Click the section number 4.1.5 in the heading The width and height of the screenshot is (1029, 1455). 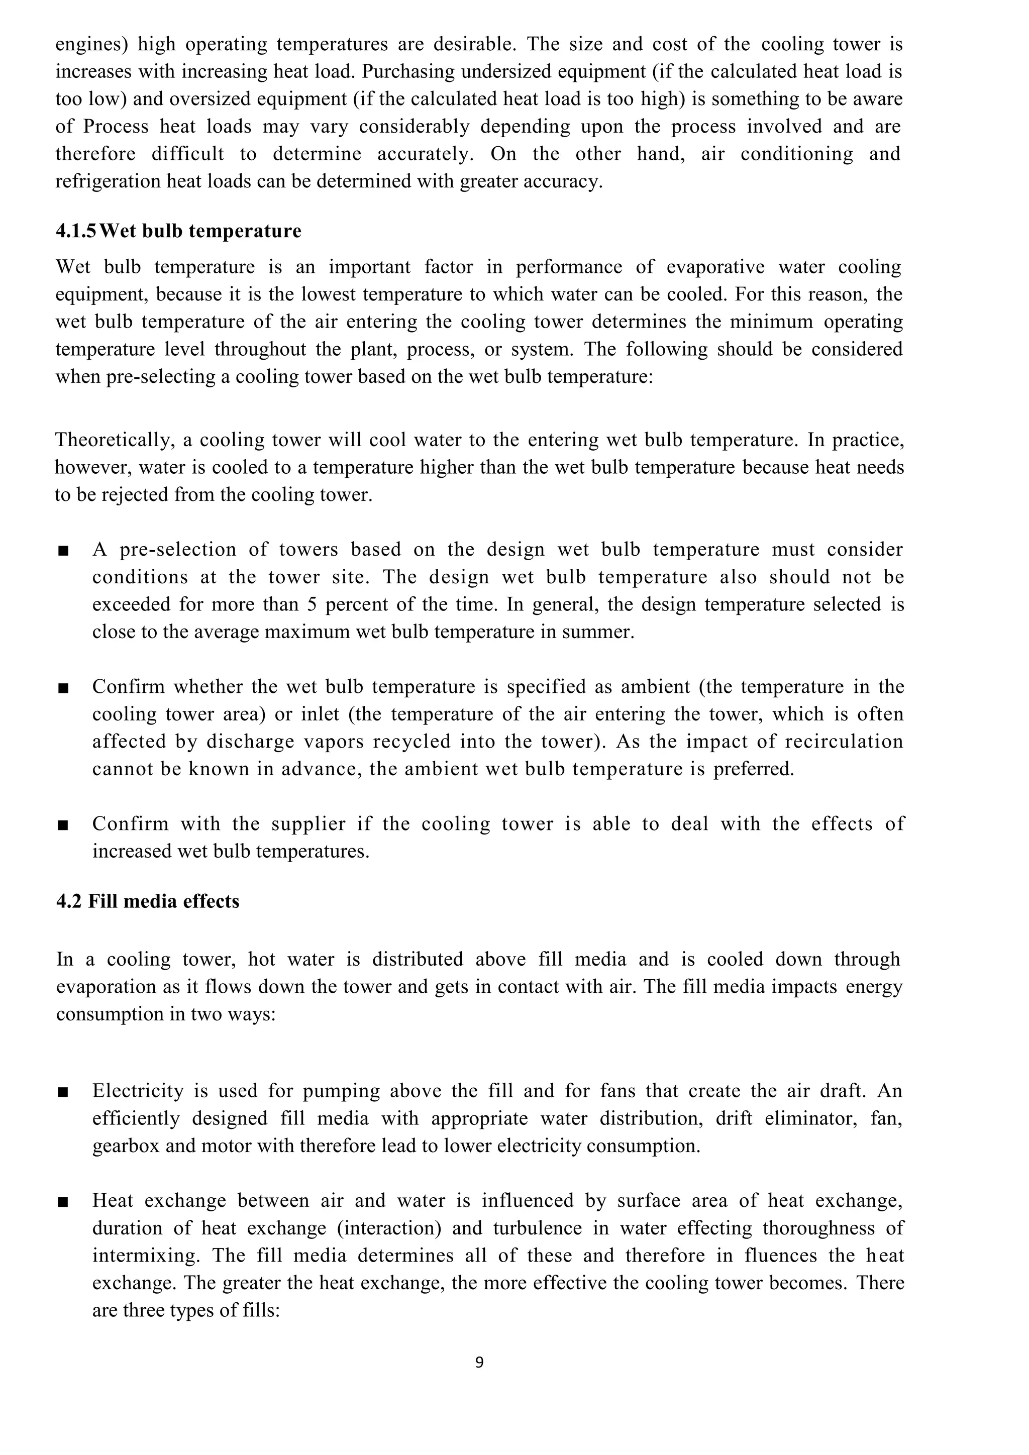(x=76, y=231)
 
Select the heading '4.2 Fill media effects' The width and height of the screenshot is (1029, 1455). (x=148, y=901)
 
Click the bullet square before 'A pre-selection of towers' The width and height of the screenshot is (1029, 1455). (x=63, y=551)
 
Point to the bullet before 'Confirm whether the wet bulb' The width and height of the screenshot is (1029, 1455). (x=63, y=688)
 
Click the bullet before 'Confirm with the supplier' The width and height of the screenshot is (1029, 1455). (x=63, y=825)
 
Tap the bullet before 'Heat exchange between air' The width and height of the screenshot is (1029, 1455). (x=63, y=1202)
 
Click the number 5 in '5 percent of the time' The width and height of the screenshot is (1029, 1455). (x=312, y=604)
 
